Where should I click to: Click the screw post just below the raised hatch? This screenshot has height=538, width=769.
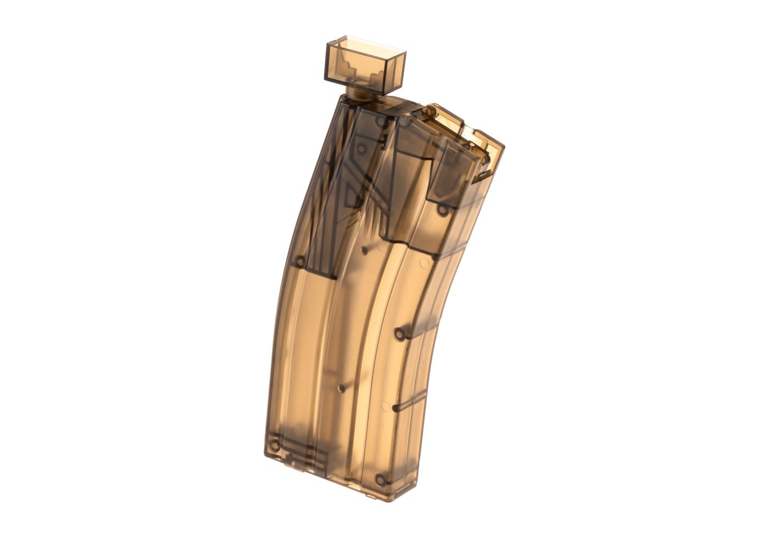442,209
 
